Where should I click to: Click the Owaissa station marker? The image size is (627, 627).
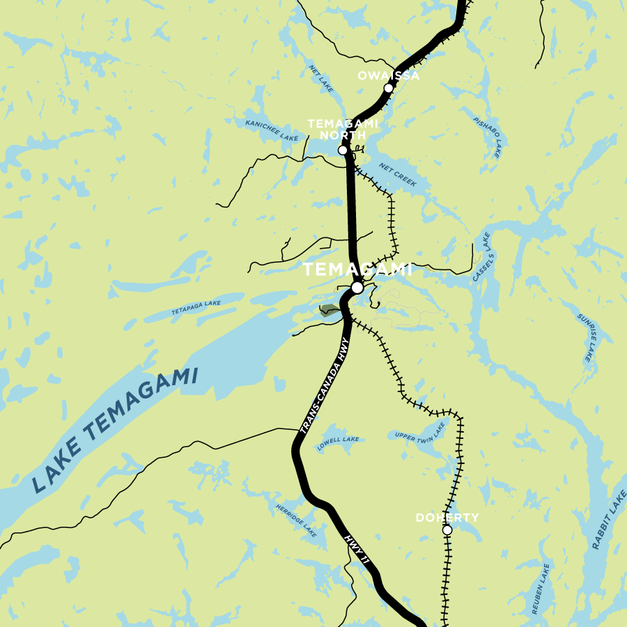tap(388, 88)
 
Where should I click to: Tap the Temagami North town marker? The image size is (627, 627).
tap(343, 150)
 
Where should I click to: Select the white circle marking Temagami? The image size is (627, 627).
tap(357, 287)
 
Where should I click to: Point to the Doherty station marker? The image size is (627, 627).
tap(447, 530)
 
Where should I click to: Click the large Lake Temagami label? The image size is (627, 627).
tap(115, 431)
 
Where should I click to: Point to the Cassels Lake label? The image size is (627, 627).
tap(483, 257)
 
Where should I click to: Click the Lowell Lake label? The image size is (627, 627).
tap(339, 444)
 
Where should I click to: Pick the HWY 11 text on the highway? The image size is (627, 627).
tap(357, 550)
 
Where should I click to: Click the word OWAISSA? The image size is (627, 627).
tap(389, 75)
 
